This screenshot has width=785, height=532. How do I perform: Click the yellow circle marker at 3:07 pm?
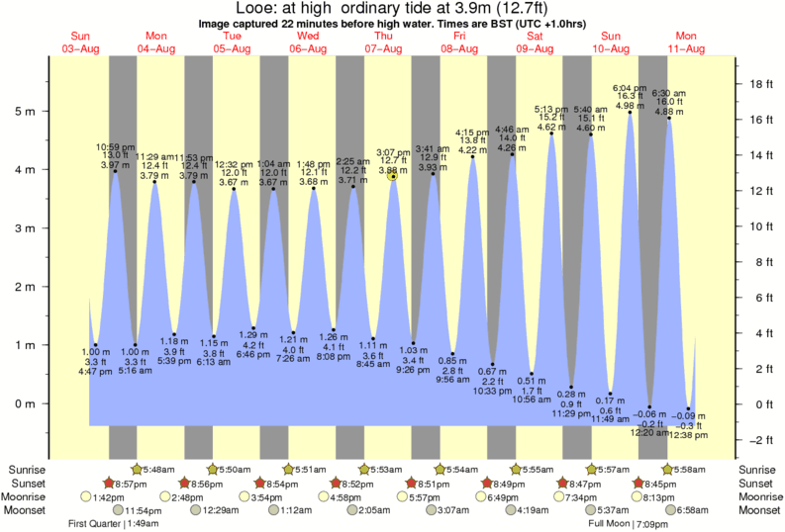click(393, 176)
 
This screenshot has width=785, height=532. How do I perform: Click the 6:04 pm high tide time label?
click(630, 87)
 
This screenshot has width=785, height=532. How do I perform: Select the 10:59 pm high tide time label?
click(115, 146)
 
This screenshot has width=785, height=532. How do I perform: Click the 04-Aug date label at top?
click(155, 48)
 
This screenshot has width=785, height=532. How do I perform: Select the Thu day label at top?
click(383, 37)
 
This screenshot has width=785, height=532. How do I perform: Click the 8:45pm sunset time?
click(655, 482)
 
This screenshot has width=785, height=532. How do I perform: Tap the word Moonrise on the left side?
click(25, 496)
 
